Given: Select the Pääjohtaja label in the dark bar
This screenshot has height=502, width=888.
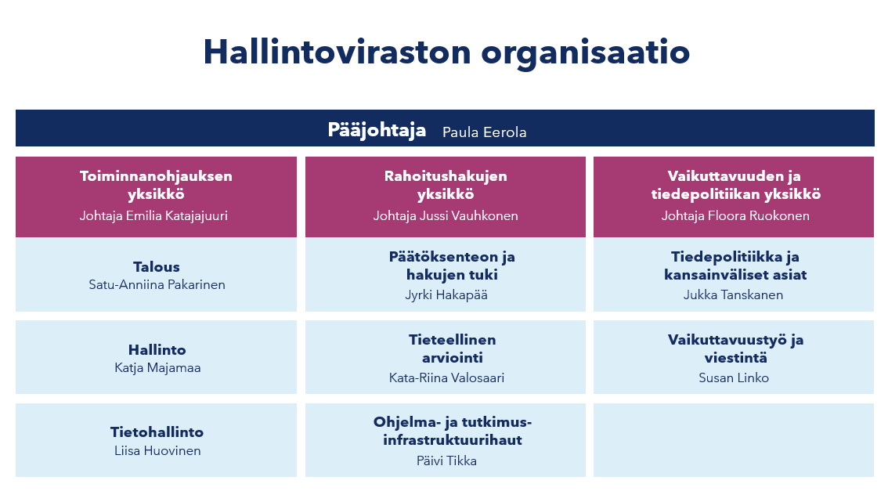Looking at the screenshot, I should [377, 130].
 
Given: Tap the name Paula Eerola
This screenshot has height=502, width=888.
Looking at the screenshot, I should [484, 132].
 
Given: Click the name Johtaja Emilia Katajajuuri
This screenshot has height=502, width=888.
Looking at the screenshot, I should [153, 216].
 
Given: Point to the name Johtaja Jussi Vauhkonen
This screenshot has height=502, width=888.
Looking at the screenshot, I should [446, 216].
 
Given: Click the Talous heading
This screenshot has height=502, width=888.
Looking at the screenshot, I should [157, 267].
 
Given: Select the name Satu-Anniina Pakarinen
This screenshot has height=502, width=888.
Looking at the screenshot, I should [157, 285].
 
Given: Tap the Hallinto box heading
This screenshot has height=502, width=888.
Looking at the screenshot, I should [157, 349].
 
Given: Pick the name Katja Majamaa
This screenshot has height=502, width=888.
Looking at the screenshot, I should [157, 367].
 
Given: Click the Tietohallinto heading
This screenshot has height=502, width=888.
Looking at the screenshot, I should [157, 432].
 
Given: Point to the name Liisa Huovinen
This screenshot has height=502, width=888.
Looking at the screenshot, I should [157, 450].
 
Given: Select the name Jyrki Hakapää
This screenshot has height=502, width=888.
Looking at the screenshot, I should [446, 295].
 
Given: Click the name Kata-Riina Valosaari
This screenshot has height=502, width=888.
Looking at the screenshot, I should [446, 378].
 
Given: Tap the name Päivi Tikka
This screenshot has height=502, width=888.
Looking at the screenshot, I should [446, 460].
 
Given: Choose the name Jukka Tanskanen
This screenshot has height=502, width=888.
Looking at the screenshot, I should [733, 295].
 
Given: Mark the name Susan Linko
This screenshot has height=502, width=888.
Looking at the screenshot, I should [734, 378].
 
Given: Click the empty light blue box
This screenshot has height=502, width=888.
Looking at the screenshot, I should [734, 440].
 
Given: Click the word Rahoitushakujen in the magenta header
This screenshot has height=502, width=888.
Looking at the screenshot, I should [446, 176].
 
